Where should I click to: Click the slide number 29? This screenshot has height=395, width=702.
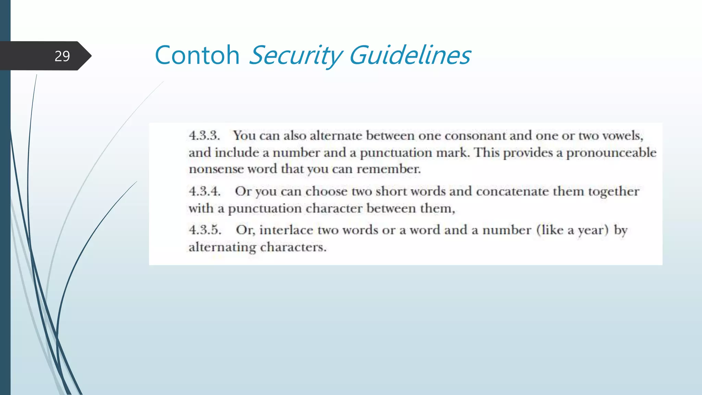coord(62,56)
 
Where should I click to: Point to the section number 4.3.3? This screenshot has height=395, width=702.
coord(204,135)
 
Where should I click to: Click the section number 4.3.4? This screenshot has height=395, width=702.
coord(205,191)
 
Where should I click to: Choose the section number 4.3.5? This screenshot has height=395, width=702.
coord(205,230)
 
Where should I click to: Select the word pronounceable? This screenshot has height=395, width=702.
coord(611,153)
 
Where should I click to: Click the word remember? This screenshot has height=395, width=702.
coord(388,169)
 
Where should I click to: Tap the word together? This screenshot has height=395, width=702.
coord(614,191)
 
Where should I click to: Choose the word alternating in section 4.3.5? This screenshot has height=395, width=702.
coord(222,247)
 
